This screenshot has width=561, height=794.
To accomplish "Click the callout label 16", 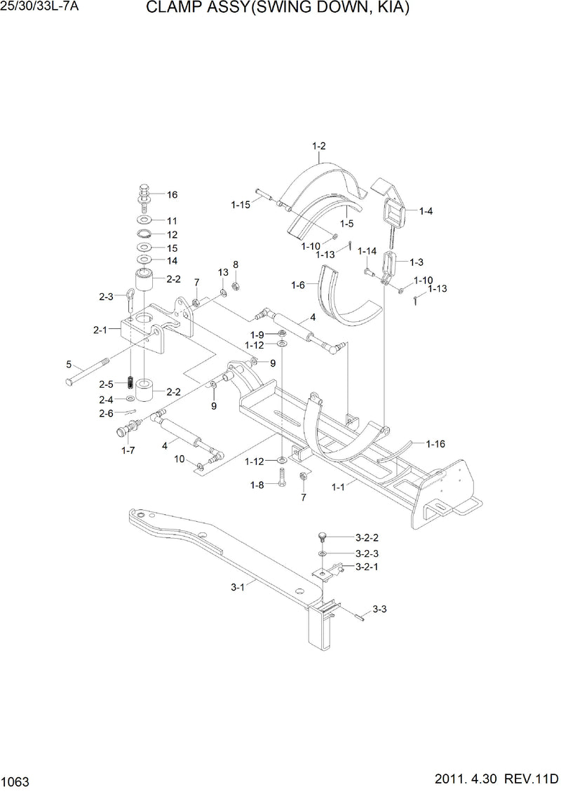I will [x=172, y=195].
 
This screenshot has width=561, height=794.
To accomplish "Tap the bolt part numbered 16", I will [x=144, y=193].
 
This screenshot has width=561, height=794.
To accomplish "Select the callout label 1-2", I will [x=318, y=147].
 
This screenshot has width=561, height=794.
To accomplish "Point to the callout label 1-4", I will [x=426, y=210].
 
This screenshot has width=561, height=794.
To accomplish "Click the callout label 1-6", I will [x=299, y=285].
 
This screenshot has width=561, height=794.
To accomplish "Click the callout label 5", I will [x=69, y=364].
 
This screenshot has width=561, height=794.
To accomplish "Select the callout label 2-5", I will [x=106, y=384].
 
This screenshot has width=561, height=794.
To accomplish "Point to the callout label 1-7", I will [x=128, y=450].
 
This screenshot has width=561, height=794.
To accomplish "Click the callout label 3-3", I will [x=379, y=610].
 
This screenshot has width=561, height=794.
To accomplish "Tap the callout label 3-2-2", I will [x=367, y=538].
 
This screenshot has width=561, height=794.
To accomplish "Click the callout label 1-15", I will [x=241, y=205].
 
